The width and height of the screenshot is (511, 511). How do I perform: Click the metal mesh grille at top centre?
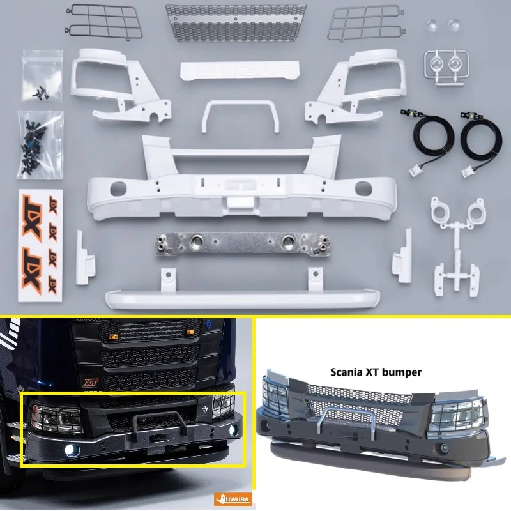pyautogui.click(x=235, y=22)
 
